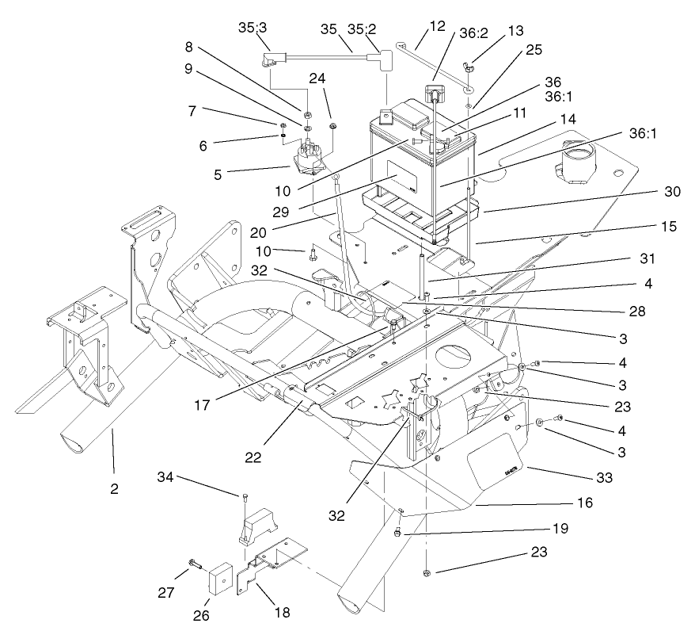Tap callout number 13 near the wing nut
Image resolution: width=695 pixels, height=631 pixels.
516,31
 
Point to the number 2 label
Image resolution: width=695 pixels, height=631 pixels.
114,489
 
